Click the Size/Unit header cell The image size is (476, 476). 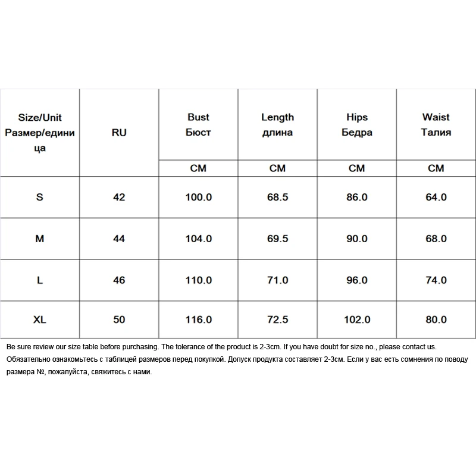pyautogui.click(x=40, y=132)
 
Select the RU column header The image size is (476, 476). pyautogui.click(x=119, y=133)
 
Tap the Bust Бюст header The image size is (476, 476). pyautogui.click(x=198, y=125)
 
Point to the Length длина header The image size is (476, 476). pyautogui.click(x=277, y=125)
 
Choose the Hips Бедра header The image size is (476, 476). pyautogui.click(x=356, y=125)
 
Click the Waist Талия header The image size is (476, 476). pyautogui.click(x=436, y=125)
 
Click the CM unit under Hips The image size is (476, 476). pyautogui.click(x=356, y=168)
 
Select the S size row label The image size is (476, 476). pyautogui.click(x=40, y=197)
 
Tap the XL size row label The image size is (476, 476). pyautogui.click(x=40, y=320)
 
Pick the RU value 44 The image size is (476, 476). pyautogui.click(x=119, y=239)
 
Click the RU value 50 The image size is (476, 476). pyautogui.click(x=119, y=320)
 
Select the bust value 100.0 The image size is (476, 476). pyautogui.click(x=198, y=197)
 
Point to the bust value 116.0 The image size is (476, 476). pyautogui.click(x=198, y=320)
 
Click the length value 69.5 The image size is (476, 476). pyautogui.click(x=277, y=239)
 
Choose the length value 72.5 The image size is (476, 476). pyautogui.click(x=277, y=320)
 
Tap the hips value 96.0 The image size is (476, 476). pyautogui.click(x=356, y=280)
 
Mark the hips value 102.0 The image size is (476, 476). pyautogui.click(x=356, y=320)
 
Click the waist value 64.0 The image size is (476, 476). pyautogui.click(x=436, y=197)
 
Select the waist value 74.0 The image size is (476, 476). pyautogui.click(x=436, y=280)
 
